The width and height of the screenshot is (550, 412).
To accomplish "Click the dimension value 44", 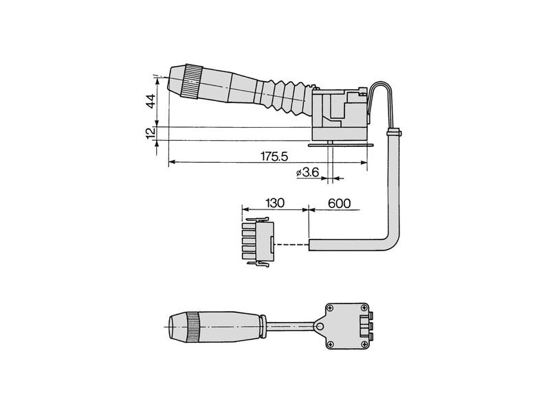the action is click(x=151, y=101).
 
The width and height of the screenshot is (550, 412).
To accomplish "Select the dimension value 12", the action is click(x=151, y=133).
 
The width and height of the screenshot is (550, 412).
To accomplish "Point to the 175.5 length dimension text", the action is click(x=274, y=157).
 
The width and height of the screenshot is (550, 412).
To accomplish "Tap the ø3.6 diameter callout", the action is click(x=307, y=172).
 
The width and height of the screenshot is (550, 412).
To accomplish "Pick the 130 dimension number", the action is click(x=274, y=203).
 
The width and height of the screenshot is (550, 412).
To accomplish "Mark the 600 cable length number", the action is click(x=339, y=203).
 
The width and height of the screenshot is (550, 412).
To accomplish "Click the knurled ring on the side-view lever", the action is click(x=192, y=82).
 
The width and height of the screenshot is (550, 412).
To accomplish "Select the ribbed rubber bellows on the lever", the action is click(x=287, y=98).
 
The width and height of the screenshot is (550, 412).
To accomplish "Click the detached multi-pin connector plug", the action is click(x=258, y=242).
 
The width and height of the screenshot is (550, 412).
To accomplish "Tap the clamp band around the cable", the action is click(x=394, y=133).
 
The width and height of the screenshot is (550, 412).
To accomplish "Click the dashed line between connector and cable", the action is click(x=291, y=244).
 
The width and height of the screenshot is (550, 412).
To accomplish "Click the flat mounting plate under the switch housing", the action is click(x=340, y=145).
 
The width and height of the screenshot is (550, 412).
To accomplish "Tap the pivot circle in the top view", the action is click(x=320, y=327).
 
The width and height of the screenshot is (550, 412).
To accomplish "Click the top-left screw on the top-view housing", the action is click(x=330, y=308).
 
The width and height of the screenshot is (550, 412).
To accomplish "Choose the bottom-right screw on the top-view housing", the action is click(x=364, y=345).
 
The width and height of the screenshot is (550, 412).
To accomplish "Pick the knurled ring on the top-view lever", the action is click(x=193, y=327).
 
